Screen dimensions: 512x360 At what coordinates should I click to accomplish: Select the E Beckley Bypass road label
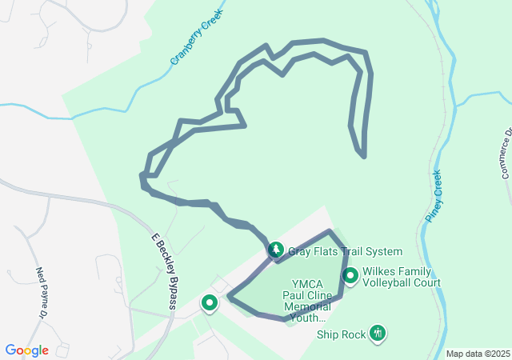[x=164, y=270]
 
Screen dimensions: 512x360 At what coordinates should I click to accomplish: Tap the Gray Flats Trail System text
[x=345, y=251]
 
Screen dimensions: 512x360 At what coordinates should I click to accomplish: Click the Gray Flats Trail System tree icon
[x=275, y=250]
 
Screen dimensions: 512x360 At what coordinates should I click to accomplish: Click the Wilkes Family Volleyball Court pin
[x=350, y=276]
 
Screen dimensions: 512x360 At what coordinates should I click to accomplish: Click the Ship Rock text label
[x=341, y=334]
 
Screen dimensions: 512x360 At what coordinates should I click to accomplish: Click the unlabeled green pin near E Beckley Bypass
[x=210, y=303]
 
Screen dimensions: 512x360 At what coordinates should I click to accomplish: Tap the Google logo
[x=27, y=350]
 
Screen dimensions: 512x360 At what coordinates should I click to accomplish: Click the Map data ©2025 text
[x=477, y=354]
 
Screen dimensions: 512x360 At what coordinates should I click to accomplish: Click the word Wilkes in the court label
[x=380, y=272]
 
